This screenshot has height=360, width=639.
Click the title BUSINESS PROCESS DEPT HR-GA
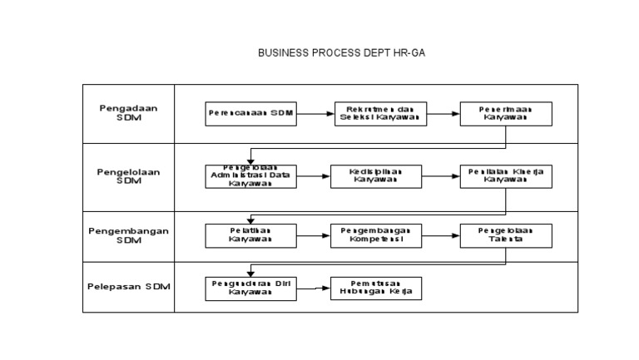pos(342,52)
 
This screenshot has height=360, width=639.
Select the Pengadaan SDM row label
pos(128,112)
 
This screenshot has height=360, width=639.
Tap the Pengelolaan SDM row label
pos(128,176)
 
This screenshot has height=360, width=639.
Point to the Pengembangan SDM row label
pos(128,235)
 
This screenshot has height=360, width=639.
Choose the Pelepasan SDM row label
pos(128,287)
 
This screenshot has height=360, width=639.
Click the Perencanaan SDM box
pos(250,113)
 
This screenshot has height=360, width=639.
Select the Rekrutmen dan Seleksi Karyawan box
pos(380,113)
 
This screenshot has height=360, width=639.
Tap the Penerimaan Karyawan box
pos(505,113)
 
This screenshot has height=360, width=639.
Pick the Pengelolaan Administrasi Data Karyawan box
pos(250,176)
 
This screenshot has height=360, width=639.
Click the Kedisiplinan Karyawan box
pos(376,176)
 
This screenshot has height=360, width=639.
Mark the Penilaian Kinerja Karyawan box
pos(505,176)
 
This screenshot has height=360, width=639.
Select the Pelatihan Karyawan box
pos(250,235)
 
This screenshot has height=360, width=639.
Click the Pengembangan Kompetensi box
pos(376,235)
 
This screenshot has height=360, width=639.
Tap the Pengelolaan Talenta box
pos(505,235)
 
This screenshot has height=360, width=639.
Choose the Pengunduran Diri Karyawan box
pos(250,288)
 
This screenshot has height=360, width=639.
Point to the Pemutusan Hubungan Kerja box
pos(376,288)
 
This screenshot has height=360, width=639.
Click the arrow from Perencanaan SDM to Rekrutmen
pos(315,113)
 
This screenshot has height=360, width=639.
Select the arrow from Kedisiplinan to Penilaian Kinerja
pos(441,176)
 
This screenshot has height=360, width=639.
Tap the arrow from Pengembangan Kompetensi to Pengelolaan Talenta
pos(441,235)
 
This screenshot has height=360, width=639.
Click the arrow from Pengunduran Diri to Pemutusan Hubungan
pos(313,288)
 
